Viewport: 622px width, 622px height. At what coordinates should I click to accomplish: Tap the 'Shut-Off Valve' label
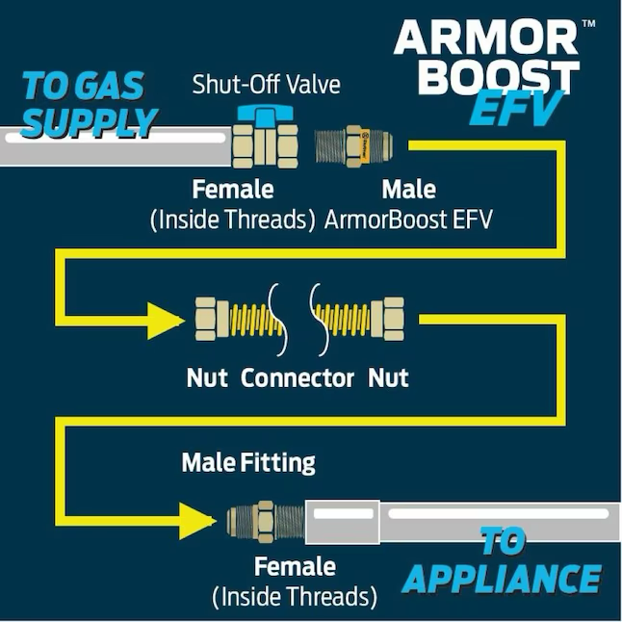point(266,85)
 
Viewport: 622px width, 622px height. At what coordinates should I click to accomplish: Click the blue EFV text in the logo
point(516,112)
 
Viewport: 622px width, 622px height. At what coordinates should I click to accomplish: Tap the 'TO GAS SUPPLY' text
point(89,104)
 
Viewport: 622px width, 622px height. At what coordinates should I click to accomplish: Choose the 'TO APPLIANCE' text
point(502,561)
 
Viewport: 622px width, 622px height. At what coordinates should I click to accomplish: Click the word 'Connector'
point(298,377)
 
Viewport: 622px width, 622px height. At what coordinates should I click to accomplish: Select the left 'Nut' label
point(207,377)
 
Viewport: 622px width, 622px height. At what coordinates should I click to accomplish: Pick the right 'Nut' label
point(388,377)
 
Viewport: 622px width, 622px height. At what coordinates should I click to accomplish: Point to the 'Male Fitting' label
point(248,463)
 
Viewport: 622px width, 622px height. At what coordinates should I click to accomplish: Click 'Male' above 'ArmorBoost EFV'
point(408,189)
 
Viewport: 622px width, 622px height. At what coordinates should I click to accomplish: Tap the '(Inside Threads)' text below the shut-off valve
point(233,220)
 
